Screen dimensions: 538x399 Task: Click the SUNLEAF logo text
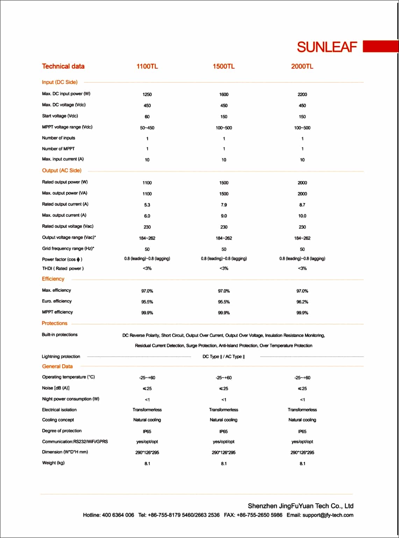click(x=327, y=47)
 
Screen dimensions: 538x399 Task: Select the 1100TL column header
click(x=147, y=66)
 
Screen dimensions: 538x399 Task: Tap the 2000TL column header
click(x=302, y=66)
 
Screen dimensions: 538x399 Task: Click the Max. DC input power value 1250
click(x=147, y=94)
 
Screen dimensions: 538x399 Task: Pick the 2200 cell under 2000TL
click(x=302, y=94)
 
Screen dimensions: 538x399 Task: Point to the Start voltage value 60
click(x=147, y=117)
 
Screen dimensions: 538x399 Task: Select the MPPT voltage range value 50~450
click(x=147, y=128)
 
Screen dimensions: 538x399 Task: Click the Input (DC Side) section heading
click(x=60, y=82)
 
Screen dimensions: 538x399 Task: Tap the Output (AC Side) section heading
click(x=62, y=171)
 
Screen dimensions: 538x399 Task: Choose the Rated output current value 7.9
click(x=224, y=205)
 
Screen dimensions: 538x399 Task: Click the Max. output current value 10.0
click(x=302, y=216)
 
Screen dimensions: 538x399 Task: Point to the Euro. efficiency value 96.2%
click(x=302, y=302)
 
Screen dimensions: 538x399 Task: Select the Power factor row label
click(x=62, y=260)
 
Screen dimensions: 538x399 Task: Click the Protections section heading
click(x=55, y=323)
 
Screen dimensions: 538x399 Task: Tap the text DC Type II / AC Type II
click(x=224, y=357)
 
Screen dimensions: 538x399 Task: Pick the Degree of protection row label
click(x=62, y=431)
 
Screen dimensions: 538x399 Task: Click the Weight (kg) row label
click(x=54, y=463)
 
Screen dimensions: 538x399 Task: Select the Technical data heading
click(x=63, y=66)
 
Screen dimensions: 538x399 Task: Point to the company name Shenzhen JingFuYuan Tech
click(x=300, y=506)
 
